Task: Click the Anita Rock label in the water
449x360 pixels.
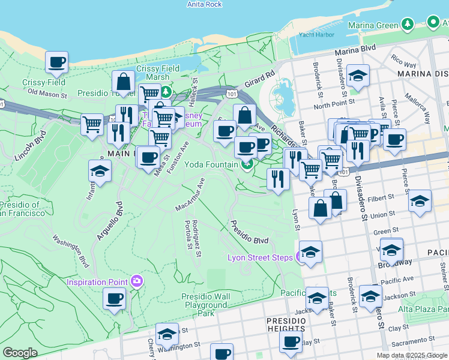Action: click(x=204, y=4)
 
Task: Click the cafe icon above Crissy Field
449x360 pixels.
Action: click(x=56, y=61)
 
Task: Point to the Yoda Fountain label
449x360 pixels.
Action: click(x=212, y=164)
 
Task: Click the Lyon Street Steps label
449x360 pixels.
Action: click(x=260, y=257)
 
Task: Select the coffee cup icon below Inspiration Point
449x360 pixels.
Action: click(x=114, y=298)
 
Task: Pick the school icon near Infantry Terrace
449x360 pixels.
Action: click(x=100, y=171)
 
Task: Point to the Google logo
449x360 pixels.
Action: click(x=19, y=353)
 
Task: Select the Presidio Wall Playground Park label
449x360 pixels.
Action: click(x=206, y=305)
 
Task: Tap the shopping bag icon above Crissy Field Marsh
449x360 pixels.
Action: click(x=123, y=82)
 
